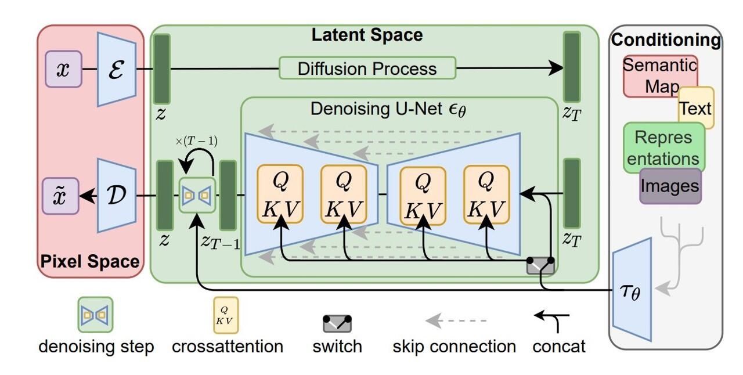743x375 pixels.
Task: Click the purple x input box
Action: pos(63,69)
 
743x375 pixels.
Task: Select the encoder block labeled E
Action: pos(117,69)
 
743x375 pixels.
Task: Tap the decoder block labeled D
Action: pos(117,196)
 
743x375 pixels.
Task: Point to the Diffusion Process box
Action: pos(367,68)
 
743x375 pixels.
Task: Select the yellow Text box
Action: pos(696,108)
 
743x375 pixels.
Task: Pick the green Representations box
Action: pos(663,147)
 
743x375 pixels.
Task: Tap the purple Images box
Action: pos(670,186)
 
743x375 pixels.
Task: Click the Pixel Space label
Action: pos(90,262)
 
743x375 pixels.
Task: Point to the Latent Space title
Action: pos(367,35)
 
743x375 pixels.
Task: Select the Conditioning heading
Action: pos(666,40)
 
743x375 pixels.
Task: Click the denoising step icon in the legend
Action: pos(96,315)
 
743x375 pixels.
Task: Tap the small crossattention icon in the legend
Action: pos(226,315)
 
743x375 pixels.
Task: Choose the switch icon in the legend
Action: pos(337,322)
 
